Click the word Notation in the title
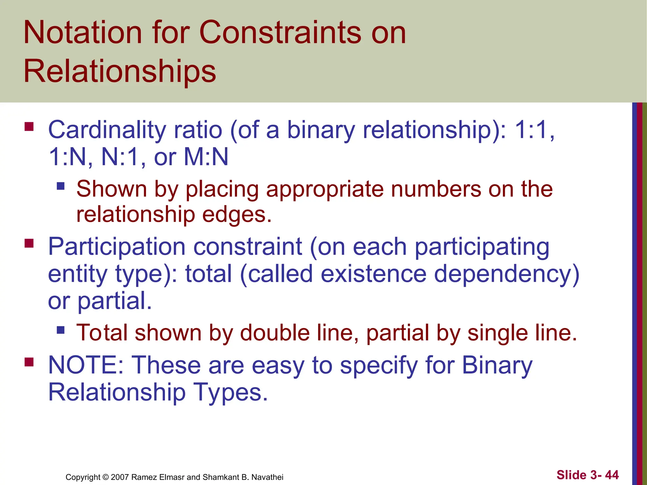point(83,33)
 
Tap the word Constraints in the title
point(280,33)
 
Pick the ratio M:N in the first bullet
point(206,157)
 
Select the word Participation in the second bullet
point(117,247)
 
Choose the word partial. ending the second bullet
point(115,301)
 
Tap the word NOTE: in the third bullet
point(85,365)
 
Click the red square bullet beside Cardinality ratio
point(29,127)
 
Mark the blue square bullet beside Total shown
point(61,330)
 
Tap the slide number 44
point(612,475)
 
